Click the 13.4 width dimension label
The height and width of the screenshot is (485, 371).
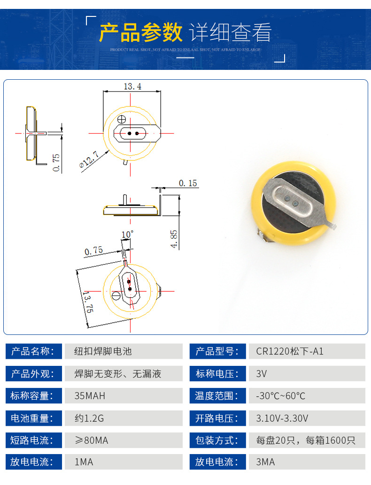point(132,86)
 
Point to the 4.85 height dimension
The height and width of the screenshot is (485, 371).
point(174,238)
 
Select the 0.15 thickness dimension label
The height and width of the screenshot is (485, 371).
point(188,183)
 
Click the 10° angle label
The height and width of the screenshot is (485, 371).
point(127,235)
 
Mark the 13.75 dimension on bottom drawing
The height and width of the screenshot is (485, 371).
point(88,302)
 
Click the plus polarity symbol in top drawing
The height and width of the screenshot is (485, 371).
point(121,119)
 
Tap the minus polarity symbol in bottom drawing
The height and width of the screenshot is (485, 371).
point(116,296)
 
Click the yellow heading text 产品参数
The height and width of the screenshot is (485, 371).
point(140,32)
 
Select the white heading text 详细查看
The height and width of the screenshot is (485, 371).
point(231,32)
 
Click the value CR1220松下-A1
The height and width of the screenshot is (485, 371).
point(290,351)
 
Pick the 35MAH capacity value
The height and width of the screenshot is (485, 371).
point(90,396)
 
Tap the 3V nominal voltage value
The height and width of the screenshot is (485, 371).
point(261,374)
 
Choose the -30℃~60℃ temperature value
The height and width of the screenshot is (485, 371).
point(280,396)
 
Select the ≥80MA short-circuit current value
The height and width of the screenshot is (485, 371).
point(92,440)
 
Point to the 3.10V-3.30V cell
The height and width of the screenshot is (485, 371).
point(282,418)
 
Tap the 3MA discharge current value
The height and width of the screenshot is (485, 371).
point(265,462)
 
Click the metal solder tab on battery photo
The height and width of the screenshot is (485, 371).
point(294,204)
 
